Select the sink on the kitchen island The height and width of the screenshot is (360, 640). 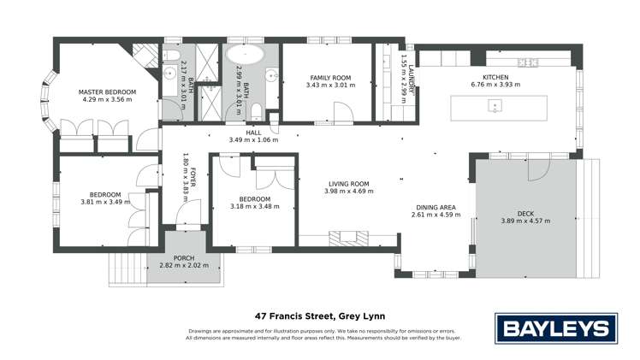(495, 106)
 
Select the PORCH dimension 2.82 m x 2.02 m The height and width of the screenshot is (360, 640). (183, 266)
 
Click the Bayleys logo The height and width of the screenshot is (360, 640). (555, 328)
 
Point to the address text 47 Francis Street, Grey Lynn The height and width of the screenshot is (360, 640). (319, 315)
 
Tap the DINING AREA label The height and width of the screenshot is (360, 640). (435, 208)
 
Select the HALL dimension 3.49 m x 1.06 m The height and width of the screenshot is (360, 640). (254, 140)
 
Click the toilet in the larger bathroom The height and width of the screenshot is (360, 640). (258, 109)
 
